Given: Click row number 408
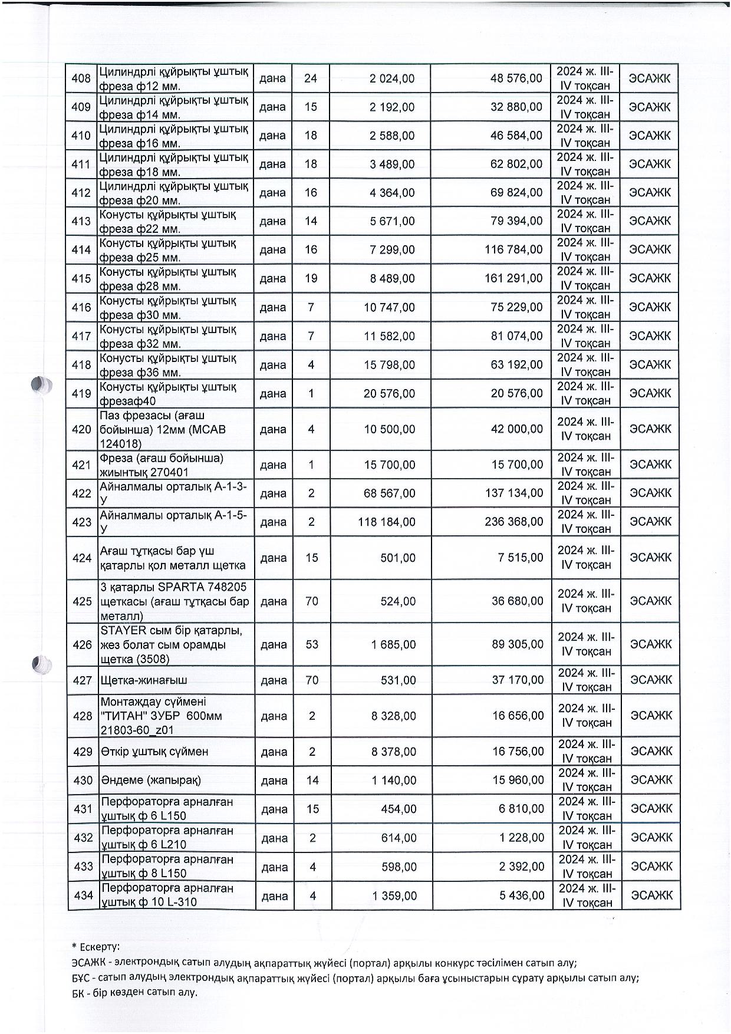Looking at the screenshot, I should pos(81,78).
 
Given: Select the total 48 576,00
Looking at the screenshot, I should pos(516,78).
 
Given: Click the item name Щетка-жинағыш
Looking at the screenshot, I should pos(144,680).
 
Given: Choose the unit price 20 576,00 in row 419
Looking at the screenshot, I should pos(389,394).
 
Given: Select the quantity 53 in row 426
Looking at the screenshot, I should pos(312,645).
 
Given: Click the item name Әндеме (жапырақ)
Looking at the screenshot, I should pos(151,781).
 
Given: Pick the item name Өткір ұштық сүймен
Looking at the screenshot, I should pos(154,752).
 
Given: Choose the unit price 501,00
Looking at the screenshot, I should pos(398,558).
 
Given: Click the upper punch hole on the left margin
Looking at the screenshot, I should pos(42,385).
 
